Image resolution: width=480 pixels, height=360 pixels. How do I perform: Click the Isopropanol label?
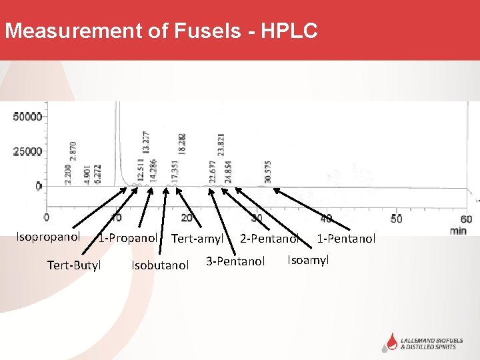(49, 237)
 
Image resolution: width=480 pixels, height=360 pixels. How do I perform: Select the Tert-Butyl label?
(74, 265)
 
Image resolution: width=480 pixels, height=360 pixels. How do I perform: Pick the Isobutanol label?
(160, 265)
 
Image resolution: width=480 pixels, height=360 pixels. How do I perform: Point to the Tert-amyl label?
(197, 238)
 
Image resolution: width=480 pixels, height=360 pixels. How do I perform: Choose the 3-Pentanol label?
(235, 261)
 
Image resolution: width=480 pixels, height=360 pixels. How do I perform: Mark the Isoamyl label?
(308, 260)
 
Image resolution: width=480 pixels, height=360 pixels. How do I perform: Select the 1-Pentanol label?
(346, 238)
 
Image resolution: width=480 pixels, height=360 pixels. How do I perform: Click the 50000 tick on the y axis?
(27, 117)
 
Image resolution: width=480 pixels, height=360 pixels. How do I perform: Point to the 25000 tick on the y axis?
(27, 151)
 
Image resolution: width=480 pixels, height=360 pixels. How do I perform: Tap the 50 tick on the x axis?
(397, 219)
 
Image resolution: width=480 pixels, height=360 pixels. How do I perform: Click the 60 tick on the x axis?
(467, 219)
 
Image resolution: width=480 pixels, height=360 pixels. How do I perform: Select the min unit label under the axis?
(459, 231)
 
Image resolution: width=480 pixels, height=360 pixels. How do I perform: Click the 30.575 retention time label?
(268, 171)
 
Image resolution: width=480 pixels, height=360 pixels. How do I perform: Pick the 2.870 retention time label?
(73, 153)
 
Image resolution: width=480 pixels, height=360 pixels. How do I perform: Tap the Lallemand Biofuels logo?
(427, 342)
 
